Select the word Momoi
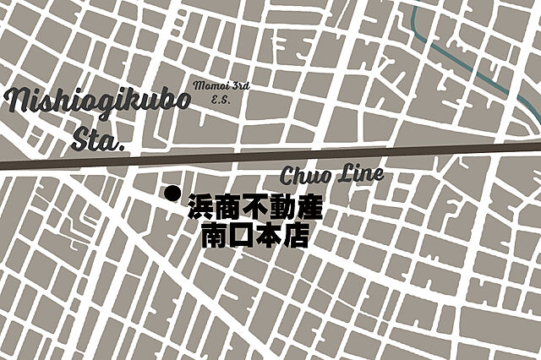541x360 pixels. [x=206, y=85]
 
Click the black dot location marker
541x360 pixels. [x=172, y=194]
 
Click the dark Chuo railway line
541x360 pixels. [x=423, y=153]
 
